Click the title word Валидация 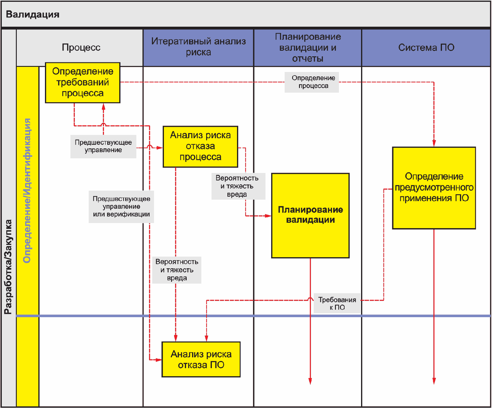click(33, 14)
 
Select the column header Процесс click(81, 47)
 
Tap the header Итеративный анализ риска click(198, 47)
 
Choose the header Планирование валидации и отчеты click(308, 47)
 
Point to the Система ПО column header click(426, 47)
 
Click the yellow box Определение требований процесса click(83, 83)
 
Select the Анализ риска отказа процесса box click(200, 147)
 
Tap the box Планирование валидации click(310, 216)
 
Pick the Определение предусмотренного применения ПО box click(434, 188)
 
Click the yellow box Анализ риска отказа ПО click(201, 359)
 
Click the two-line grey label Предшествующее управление click(103, 146)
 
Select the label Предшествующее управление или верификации click(121, 207)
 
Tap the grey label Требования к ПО click(337, 303)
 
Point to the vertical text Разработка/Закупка click(8, 267)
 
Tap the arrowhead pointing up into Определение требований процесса click(103, 106)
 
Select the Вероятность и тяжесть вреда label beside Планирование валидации click(239, 186)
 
